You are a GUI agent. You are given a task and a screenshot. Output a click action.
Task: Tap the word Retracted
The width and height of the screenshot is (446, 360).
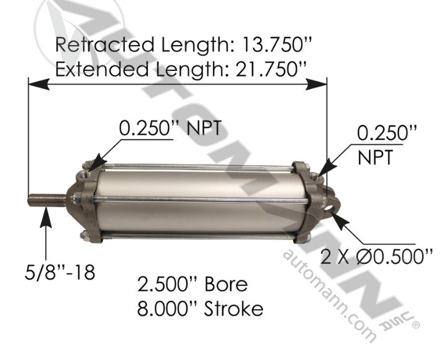tap(104, 45)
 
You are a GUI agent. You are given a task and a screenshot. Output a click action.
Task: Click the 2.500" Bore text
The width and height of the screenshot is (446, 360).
tap(192, 285)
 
